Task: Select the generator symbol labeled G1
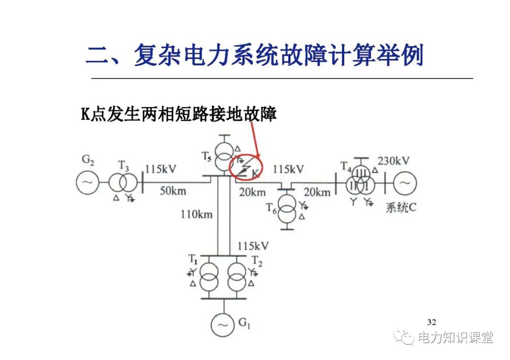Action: click(222, 325)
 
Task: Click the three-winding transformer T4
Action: click(361, 181)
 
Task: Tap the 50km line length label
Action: click(173, 191)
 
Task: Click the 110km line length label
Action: click(196, 214)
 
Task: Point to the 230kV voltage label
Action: click(393, 161)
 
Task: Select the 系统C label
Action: click(401, 207)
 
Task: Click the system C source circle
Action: click(405, 182)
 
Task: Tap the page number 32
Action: click(431, 322)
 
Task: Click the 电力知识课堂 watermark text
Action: click(455, 338)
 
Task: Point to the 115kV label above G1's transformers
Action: click(253, 246)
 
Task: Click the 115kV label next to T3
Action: click(161, 169)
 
